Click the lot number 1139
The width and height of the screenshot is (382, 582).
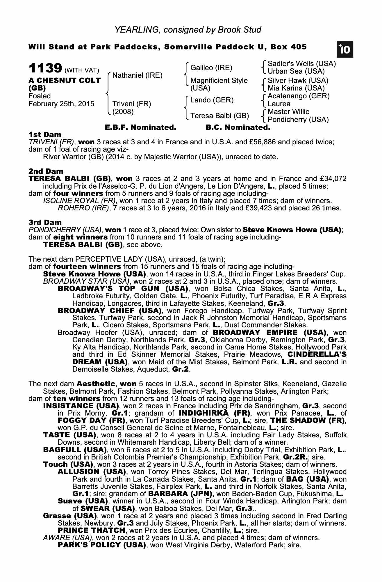point(45,69)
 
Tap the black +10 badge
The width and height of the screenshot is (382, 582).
point(345,50)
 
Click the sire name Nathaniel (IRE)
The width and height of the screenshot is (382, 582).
point(137,75)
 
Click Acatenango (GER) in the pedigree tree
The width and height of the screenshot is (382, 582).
point(299,96)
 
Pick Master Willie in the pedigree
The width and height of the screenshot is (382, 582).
point(288,112)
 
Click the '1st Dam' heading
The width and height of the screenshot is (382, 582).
point(45,135)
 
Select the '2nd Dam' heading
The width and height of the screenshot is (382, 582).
point(46,171)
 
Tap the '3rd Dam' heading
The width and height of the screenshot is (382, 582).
point(45,222)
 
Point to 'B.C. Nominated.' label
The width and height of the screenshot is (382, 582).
point(238,127)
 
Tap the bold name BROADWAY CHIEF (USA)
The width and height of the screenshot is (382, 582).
point(110,311)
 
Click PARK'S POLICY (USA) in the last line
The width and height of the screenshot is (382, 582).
point(102,545)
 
